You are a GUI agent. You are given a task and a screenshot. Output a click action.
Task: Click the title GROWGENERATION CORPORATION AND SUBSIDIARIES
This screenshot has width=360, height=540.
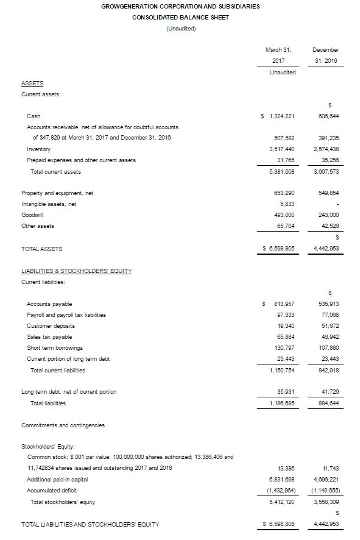[181, 6]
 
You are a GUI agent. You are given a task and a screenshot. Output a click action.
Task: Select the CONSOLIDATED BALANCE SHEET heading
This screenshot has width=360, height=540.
[181, 17]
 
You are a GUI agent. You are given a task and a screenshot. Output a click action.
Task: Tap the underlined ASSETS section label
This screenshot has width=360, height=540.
[32, 83]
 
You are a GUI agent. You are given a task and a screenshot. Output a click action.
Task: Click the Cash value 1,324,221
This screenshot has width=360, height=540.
[280, 116]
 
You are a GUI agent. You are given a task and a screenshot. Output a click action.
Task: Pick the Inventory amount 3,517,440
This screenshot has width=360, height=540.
[281, 149]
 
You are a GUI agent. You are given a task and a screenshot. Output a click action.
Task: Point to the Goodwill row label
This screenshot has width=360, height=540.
[32, 215]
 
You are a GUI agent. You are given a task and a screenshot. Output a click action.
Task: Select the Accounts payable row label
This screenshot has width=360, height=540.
[49, 304]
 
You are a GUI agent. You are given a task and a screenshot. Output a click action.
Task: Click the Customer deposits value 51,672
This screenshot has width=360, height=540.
[328, 326]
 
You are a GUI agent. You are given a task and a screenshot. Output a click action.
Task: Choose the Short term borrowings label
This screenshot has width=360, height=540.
[55, 348]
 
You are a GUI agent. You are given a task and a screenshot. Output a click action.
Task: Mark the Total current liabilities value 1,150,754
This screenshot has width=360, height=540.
[281, 370]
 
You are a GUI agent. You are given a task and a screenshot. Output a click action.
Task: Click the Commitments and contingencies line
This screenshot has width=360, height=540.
[63, 425]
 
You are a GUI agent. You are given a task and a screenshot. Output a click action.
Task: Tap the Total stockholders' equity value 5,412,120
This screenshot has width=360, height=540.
[281, 502]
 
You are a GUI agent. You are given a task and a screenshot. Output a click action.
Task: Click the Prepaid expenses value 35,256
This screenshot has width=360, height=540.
[328, 160]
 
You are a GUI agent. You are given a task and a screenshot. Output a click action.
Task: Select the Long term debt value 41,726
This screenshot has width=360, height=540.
[328, 392]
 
